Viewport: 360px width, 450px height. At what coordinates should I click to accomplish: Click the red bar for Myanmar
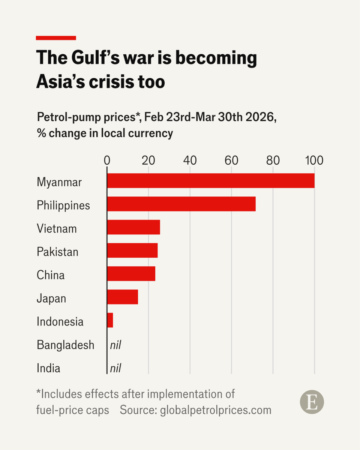(211, 181)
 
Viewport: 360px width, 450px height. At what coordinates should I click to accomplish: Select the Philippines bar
(181, 204)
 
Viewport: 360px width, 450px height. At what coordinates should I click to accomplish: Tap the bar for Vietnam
(133, 227)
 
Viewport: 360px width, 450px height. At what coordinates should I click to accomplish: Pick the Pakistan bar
(132, 250)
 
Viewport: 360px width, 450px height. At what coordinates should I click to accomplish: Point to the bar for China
(131, 274)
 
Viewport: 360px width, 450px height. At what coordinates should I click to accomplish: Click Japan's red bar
(123, 297)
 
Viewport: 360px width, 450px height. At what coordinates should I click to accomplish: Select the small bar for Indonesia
(110, 320)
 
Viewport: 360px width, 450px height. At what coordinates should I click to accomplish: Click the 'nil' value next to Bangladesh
(115, 345)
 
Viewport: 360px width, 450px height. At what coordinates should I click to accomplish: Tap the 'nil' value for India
(115, 368)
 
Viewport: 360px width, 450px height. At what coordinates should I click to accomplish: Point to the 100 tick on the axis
(314, 160)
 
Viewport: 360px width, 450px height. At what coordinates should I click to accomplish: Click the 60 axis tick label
(231, 160)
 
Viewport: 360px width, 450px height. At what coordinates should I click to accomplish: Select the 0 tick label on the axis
(107, 160)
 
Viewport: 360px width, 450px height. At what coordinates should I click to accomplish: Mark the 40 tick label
(190, 160)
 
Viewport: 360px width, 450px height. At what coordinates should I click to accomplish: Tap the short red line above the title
(56, 38)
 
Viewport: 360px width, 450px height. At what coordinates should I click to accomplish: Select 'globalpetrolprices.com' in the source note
(216, 410)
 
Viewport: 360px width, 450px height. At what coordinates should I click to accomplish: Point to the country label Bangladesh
(65, 345)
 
